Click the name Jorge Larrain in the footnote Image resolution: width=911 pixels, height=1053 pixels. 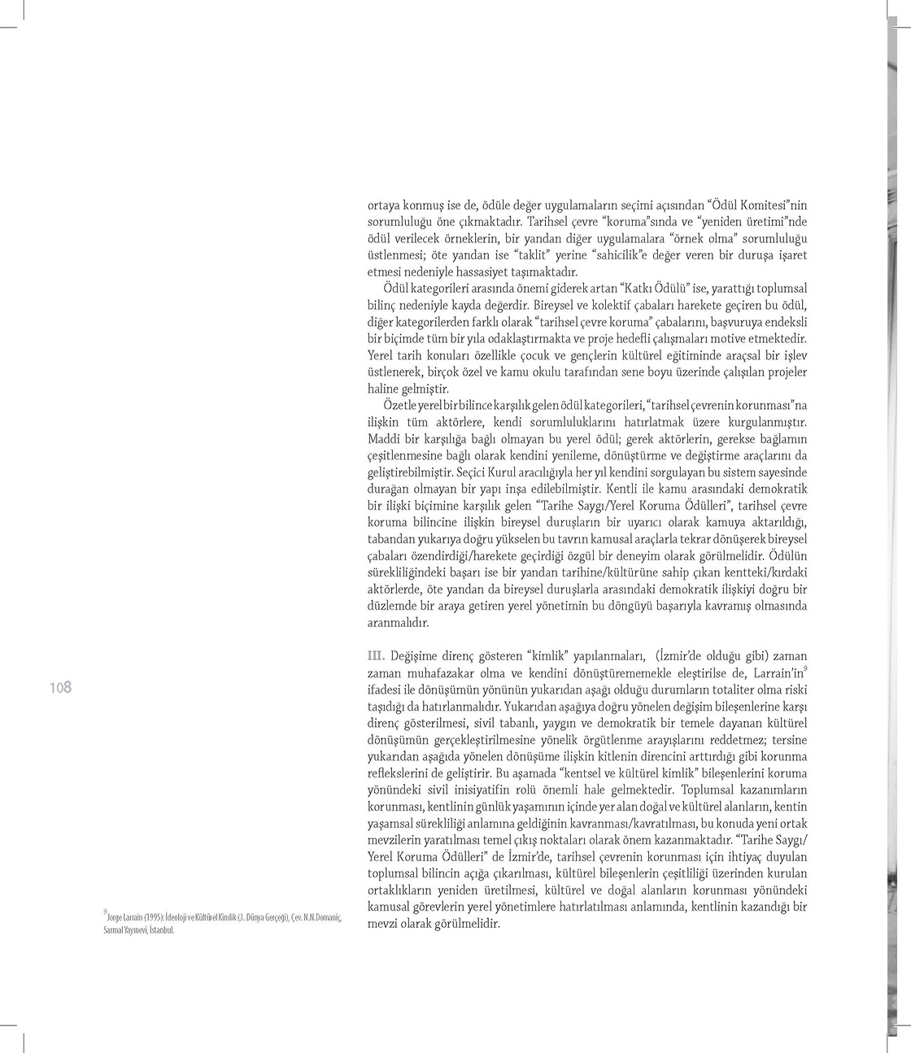tap(126, 916)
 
